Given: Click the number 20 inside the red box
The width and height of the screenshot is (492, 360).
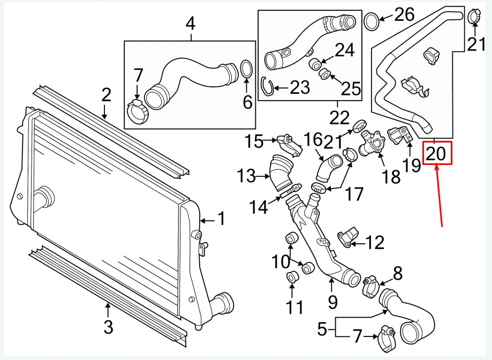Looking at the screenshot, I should tap(436, 154).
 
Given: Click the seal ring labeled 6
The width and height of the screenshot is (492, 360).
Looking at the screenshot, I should tap(246, 70).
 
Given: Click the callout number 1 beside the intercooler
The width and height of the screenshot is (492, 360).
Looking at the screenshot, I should tap(221, 219).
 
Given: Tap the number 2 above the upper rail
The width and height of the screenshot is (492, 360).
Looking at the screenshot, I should tap(106, 95).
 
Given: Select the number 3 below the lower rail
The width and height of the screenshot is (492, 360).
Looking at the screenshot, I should tap(108, 326).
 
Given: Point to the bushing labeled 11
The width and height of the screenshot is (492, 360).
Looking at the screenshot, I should tap(292, 277).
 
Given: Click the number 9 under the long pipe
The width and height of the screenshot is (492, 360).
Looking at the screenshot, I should tap(332, 302).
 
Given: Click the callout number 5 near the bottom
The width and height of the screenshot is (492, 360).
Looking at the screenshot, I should tap(322, 328).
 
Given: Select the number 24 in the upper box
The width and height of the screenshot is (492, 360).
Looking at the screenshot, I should tap(344, 50).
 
